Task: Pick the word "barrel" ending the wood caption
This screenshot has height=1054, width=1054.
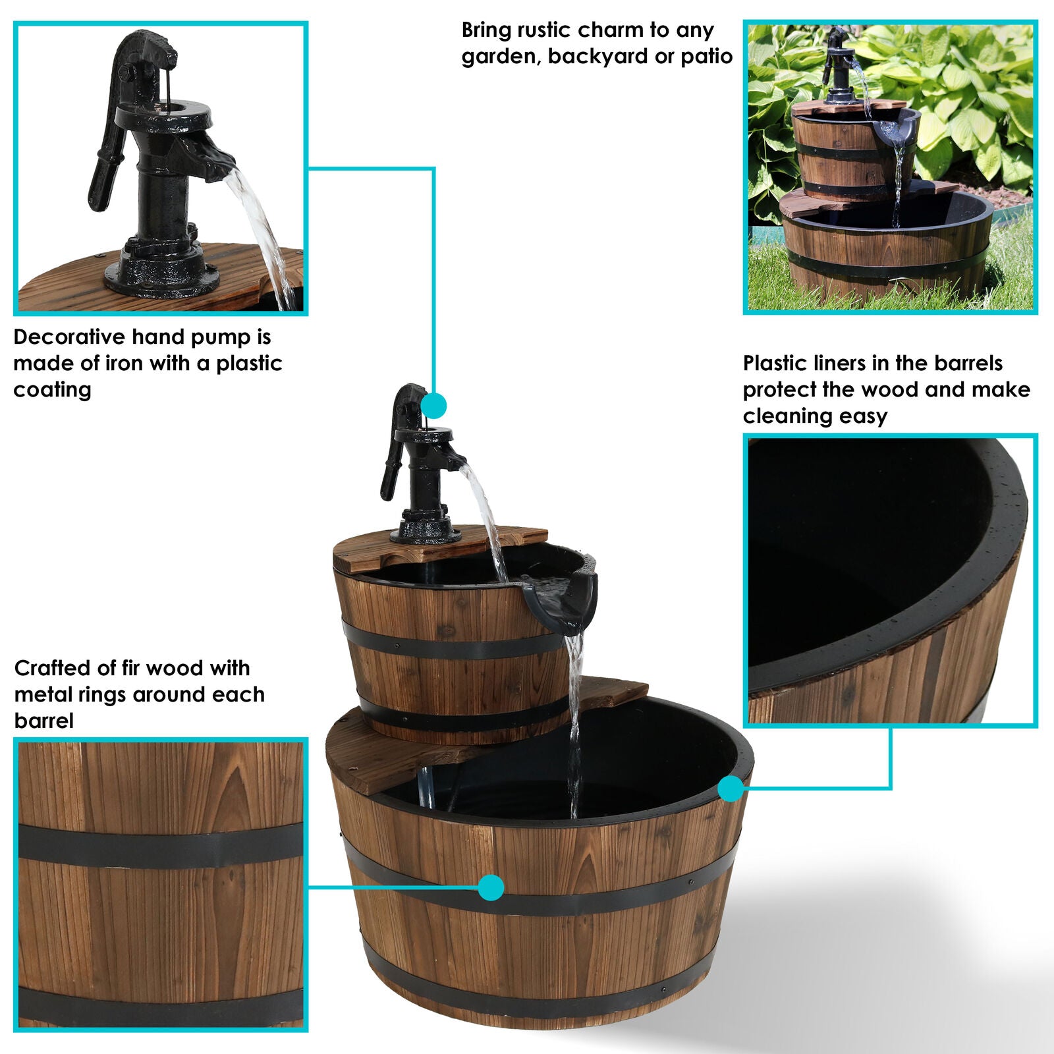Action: tap(43, 721)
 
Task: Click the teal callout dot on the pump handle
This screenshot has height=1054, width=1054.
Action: tap(433, 405)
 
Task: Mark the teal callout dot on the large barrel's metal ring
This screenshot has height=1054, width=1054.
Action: tap(491, 887)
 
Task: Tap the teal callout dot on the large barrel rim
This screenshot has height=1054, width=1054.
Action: tap(730, 788)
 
